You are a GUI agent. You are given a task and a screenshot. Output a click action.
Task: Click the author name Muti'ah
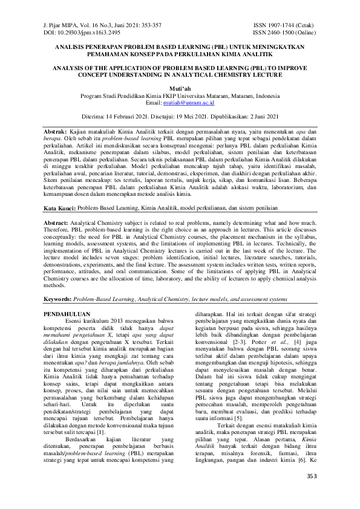pos(180,88)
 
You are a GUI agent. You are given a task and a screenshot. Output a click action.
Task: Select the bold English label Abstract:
pos(62,222)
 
